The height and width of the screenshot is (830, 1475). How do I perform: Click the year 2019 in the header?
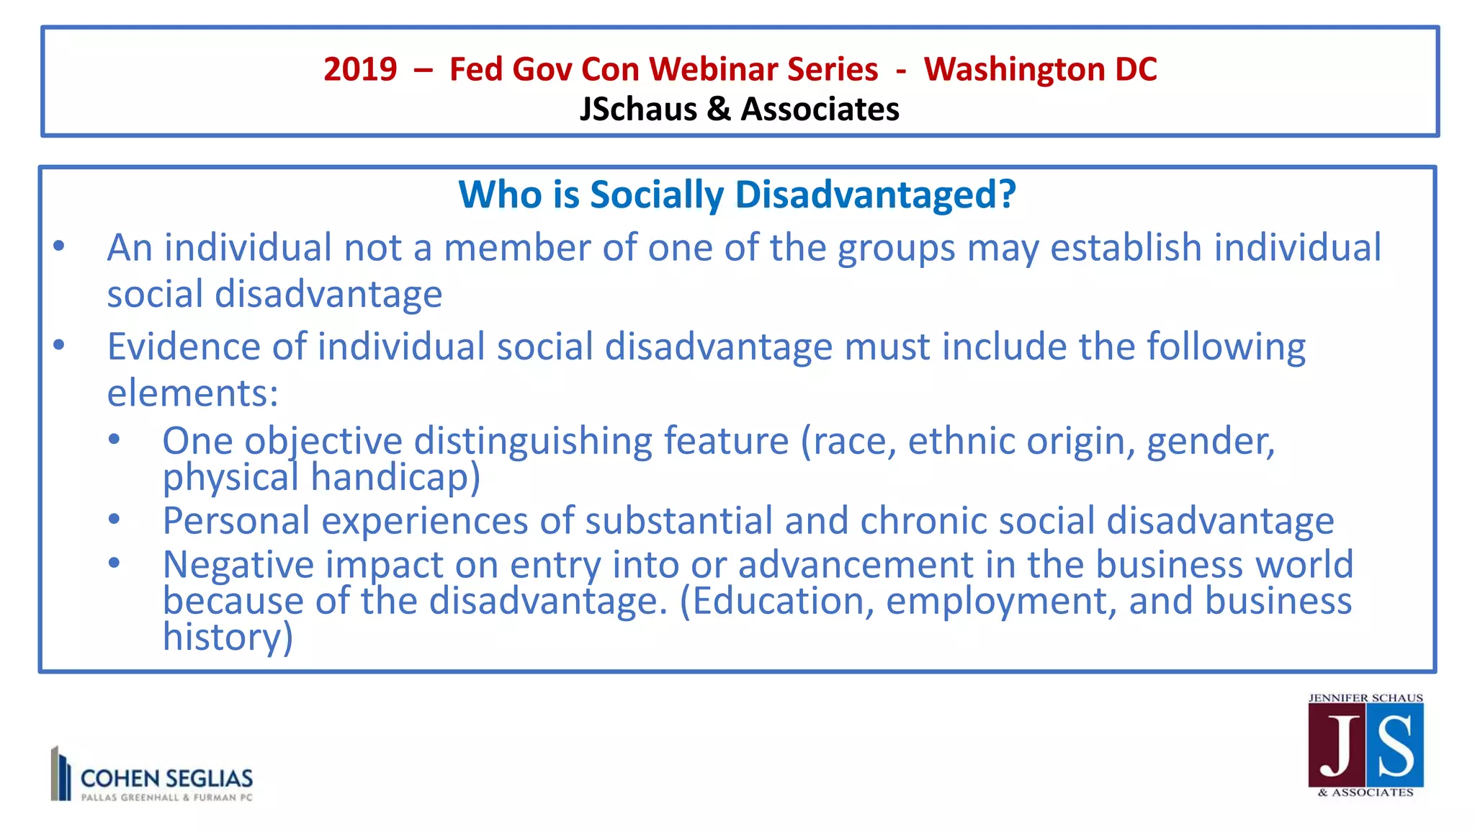coord(359,70)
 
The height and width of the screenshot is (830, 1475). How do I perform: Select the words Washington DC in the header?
coord(1040,70)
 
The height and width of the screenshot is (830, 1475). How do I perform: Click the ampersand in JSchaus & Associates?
coord(718,110)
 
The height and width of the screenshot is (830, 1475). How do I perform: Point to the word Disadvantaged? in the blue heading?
coord(875,195)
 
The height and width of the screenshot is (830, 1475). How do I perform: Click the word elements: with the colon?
coord(192,394)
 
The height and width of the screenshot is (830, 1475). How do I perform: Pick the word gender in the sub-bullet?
coord(1210,442)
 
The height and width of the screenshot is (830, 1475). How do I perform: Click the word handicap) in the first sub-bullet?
coord(395,478)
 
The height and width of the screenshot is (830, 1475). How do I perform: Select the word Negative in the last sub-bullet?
coord(238,565)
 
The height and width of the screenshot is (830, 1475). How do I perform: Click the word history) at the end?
coord(228,638)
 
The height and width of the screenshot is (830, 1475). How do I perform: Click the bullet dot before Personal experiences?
coord(114,519)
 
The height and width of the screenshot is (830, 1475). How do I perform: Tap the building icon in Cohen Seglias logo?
coord(61,774)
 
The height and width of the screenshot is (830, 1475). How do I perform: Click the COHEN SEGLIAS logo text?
coord(166,779)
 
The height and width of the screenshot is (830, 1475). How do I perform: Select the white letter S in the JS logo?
coord(1395,747)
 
